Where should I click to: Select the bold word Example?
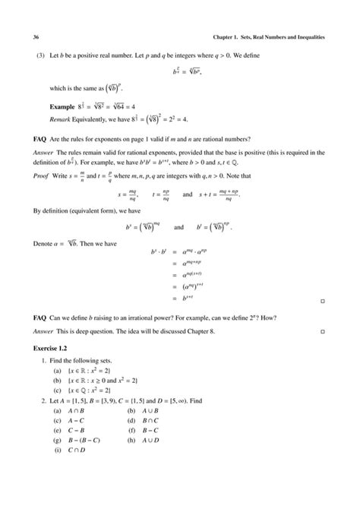[63, 108]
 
